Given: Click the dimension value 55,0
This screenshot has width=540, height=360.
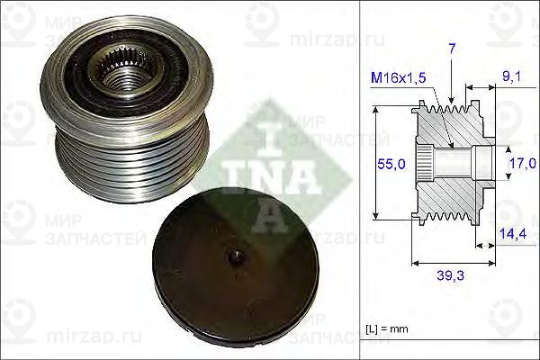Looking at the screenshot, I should (389, 166).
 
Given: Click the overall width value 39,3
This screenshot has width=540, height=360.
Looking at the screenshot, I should (453, 277).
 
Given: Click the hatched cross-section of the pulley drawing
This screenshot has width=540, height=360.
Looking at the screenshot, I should (450, 193).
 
